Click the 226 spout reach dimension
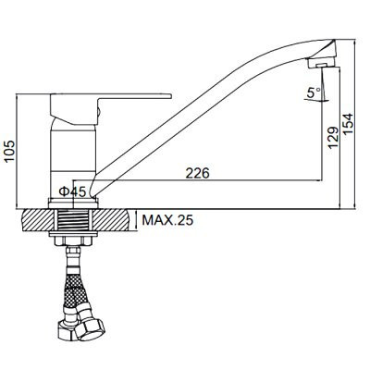[x=197, y=173]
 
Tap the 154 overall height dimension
[x=348, y=124]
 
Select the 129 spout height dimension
[x=333, y=138]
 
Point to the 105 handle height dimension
[x=10, y=151]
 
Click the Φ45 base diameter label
[x=72, y=192]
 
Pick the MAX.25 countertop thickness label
[x=167, y=220]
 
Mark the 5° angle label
[x=314, y=92]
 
